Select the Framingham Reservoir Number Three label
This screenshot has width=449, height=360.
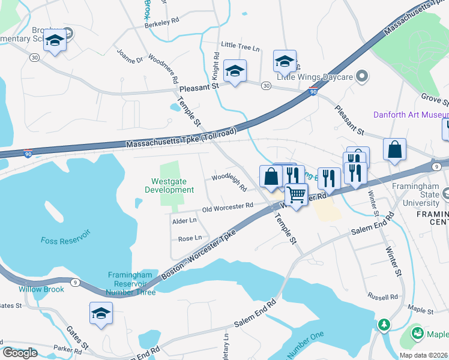131,283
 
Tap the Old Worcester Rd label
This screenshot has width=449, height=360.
228,207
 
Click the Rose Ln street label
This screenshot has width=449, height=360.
190,238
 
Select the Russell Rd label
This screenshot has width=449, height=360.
384,297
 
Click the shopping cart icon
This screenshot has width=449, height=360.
295,194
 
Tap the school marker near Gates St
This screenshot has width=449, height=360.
101,313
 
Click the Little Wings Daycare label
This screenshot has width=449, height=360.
314,77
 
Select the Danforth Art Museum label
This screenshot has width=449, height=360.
411,115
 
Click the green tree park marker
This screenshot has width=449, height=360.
383,325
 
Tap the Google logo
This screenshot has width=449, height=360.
19,353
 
